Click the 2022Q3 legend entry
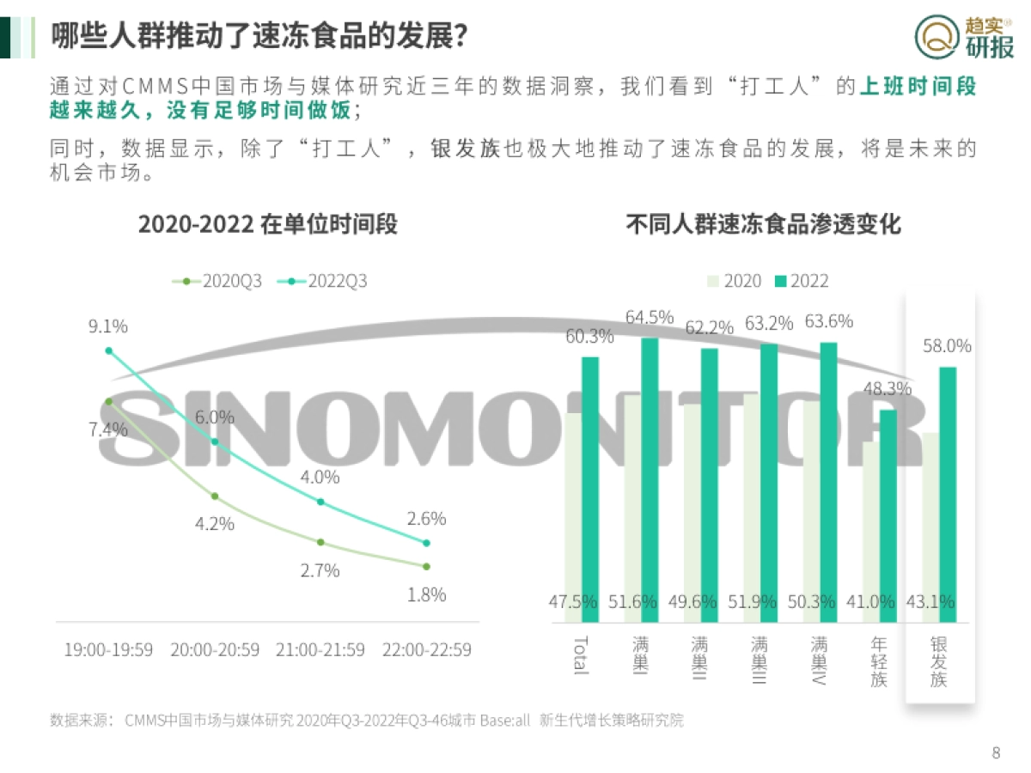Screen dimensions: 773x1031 tap(327, 281)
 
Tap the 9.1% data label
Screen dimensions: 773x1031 tap(108, 326)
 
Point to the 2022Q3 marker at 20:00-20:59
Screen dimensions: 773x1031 tap(215, 441)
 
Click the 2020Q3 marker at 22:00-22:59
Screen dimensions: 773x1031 tap(426, 566)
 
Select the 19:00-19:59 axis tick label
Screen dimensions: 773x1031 tap(108, 649)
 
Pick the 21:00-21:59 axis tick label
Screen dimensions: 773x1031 tap(320, 649)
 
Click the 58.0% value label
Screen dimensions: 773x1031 tap(947, 346)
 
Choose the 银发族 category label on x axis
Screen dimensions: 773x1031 tap(938, 661)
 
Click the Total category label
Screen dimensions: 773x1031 tap(581, 654)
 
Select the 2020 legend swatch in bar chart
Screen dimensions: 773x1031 tap(712, 281)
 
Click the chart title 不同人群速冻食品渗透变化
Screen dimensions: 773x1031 tap(763, 225)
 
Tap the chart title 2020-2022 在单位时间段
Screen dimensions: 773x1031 tap(268, 225)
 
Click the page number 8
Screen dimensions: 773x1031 tap(996, 753)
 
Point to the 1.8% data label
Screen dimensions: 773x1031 tap(426, 594)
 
